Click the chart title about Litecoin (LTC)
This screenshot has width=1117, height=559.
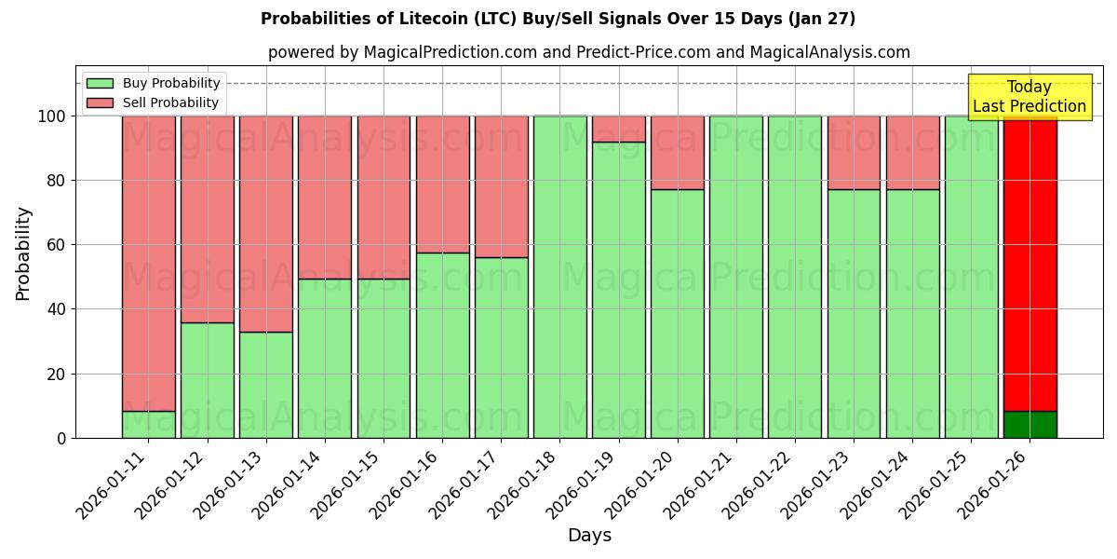(x=558, y=19)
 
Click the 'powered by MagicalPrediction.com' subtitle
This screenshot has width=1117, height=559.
(x=588, y=52)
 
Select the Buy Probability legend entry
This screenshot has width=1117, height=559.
(x=171, y=83)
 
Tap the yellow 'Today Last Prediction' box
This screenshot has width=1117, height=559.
(x=1029, y=97)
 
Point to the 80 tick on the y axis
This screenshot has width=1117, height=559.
(x=56, y=181)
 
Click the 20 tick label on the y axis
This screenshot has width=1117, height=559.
(x=56, y=374)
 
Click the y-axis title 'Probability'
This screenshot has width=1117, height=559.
(x=23, y=252)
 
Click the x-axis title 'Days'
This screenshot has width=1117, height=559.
(x=589, y=536)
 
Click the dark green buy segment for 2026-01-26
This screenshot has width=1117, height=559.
(x=1030, y=424)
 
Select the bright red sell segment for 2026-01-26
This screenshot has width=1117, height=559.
(x=1030, y=261)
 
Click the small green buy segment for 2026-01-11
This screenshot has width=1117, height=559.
(x=148, y=424)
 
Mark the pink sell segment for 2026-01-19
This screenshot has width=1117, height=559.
(x=618, y=129)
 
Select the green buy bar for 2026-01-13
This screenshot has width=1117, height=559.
(x=265, y=384)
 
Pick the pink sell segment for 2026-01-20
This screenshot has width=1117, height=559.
(x=677, y=152)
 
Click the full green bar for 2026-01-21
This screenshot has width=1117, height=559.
(x=735, y=277)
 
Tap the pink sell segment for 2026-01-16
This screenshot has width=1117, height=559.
(x=442, y=184)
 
